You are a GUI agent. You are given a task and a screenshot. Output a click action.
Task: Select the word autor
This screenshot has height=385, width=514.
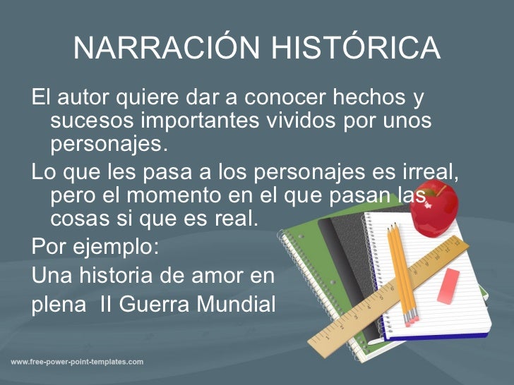(x=83, y=96)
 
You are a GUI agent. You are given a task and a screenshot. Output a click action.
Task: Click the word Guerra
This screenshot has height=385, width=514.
(x=153, y=305)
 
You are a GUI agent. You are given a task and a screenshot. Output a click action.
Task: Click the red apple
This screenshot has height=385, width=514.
(x=434, y=208)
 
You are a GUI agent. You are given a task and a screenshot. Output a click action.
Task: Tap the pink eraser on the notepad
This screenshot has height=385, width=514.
(x=448, y=286)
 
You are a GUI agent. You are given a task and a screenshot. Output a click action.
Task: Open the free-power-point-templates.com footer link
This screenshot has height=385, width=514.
(x=77, y=362)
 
